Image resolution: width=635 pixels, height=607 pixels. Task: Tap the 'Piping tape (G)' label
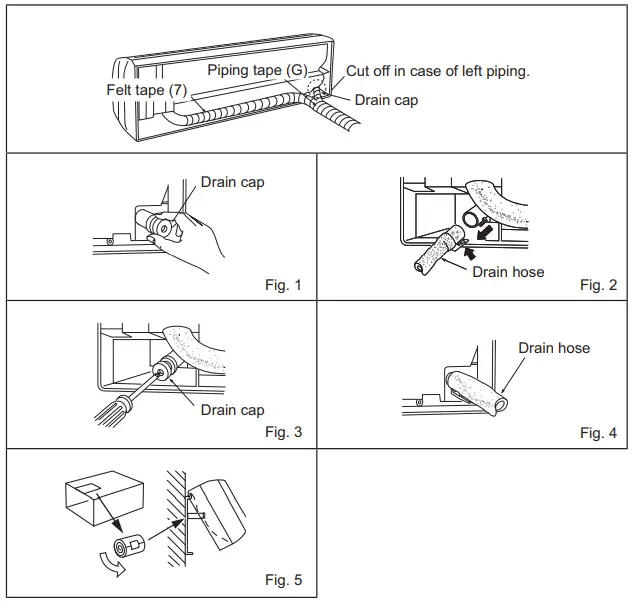point(256,70)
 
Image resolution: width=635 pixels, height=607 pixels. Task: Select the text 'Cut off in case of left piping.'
point(437,71)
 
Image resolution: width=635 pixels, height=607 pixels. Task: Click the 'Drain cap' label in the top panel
point(386,100)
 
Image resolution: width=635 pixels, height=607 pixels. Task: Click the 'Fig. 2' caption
point(598,285)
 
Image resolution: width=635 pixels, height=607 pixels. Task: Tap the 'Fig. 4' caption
point(598,433)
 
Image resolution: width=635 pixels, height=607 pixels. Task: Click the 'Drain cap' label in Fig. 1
point(233,182)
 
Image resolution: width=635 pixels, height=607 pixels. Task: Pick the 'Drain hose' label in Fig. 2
point(508,271)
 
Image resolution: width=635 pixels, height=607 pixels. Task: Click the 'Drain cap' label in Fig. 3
point(232,410)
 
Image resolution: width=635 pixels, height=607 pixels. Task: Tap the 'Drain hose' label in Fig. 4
point(553,348)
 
